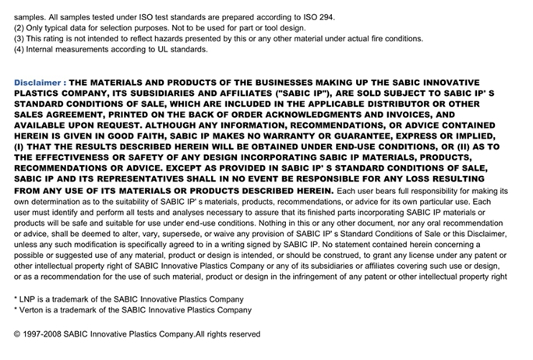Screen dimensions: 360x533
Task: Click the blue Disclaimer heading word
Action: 37,81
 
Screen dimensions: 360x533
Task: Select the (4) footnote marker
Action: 19,49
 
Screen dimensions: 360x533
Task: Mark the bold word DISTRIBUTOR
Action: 418,103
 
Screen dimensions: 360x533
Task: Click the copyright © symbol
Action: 18,334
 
